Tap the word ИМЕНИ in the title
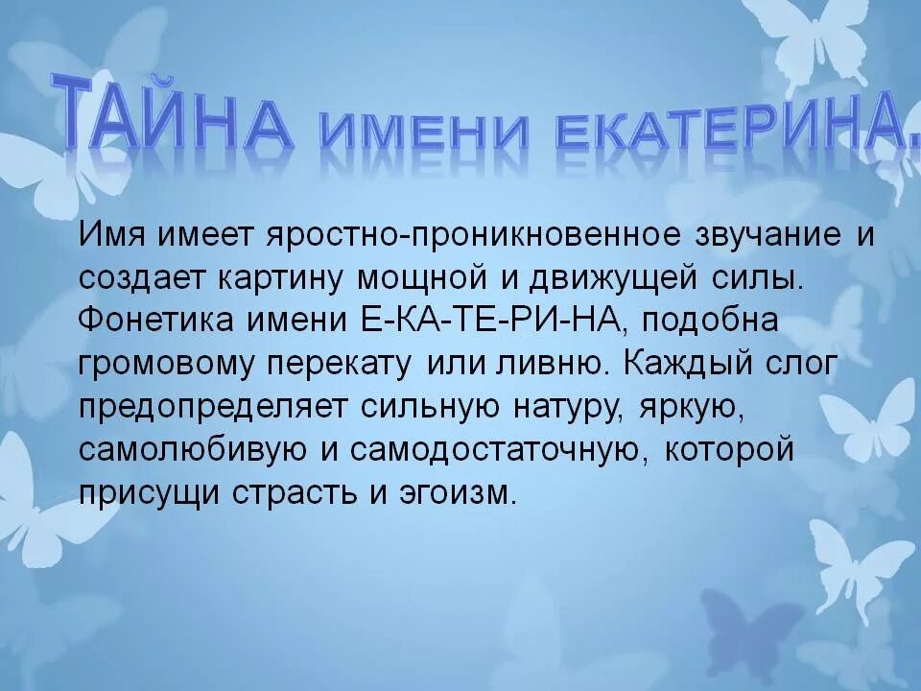point(417,131)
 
